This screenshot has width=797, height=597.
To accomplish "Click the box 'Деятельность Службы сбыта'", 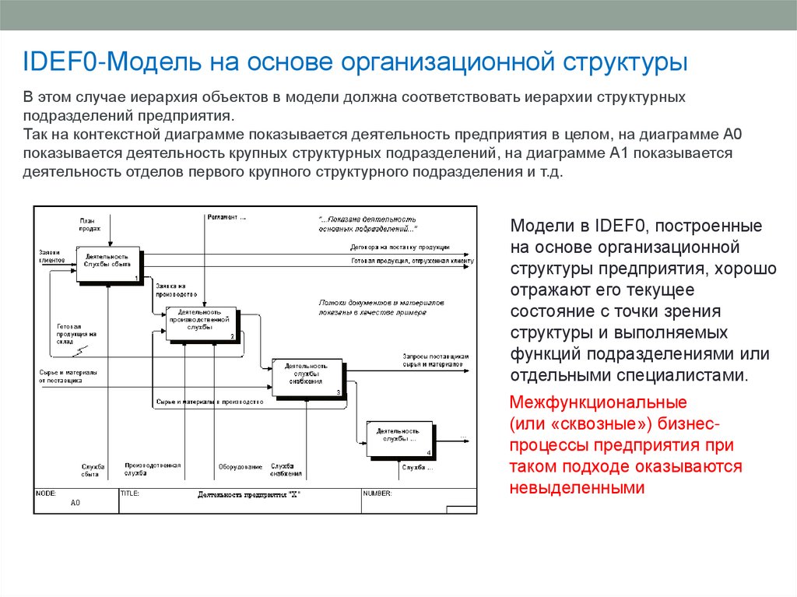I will click(107, 264).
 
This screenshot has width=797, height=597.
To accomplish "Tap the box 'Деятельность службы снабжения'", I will click(306, 374).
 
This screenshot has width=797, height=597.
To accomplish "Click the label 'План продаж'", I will click(90, 224).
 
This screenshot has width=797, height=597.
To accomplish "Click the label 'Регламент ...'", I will click(226, 217).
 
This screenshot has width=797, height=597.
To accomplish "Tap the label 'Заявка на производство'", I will click(170, 290).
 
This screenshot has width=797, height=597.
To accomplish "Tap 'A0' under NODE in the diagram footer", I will click(75, 504).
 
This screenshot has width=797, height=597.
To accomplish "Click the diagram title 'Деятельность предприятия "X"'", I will click(248, 494).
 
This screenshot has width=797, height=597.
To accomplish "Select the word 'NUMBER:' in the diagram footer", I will click(377, 493).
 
